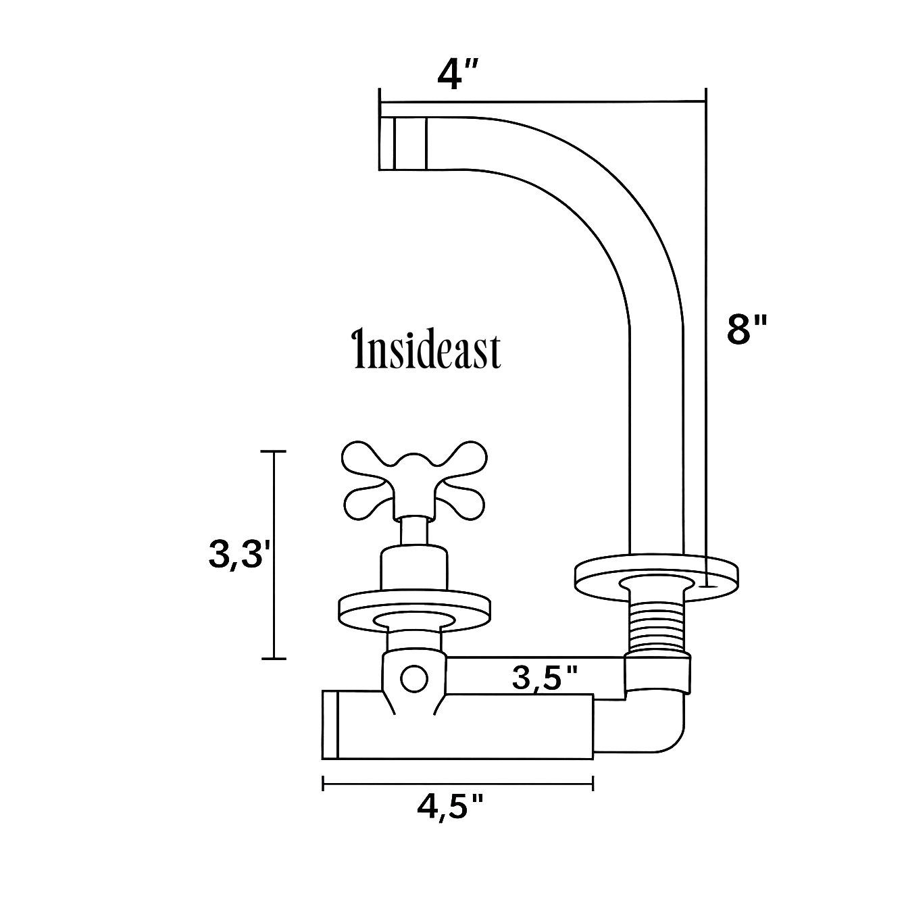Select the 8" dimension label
pos(747,330)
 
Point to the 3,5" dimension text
pos(545,678)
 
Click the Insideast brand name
pos(428,351)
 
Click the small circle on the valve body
pos(413,678)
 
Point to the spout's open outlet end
pos(402,143)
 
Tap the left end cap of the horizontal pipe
pos(330,726)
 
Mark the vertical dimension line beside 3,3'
pos(274,554)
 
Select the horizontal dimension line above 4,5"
pos(458,784)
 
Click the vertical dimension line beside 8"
pos(706,338)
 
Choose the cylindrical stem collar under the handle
pos(413,568)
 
